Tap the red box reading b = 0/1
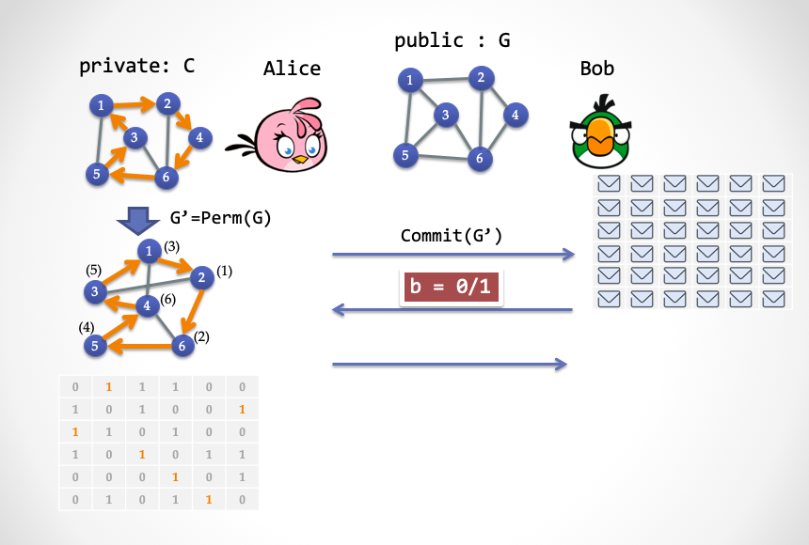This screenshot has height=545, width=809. pos(452,287)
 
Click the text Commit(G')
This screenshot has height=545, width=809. pos(452,235)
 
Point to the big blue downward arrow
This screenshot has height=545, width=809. pos(137,221)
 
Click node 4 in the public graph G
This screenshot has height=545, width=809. pos(515,115)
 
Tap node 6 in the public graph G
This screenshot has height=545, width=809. pos(479,158)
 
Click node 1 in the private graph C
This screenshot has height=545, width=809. pos(100,105)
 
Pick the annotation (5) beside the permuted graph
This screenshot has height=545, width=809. pos(94,270)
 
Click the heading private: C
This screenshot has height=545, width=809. pos(137,66)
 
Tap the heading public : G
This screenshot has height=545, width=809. pos(452,40)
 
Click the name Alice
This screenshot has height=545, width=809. pos(292,68)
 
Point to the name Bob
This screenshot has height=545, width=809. pos(597,69)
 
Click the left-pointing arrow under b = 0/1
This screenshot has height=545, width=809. pos(452,309)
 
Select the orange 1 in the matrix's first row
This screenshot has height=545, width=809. pos(109,386)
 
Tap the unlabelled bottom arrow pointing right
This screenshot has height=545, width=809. pos(452,364)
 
